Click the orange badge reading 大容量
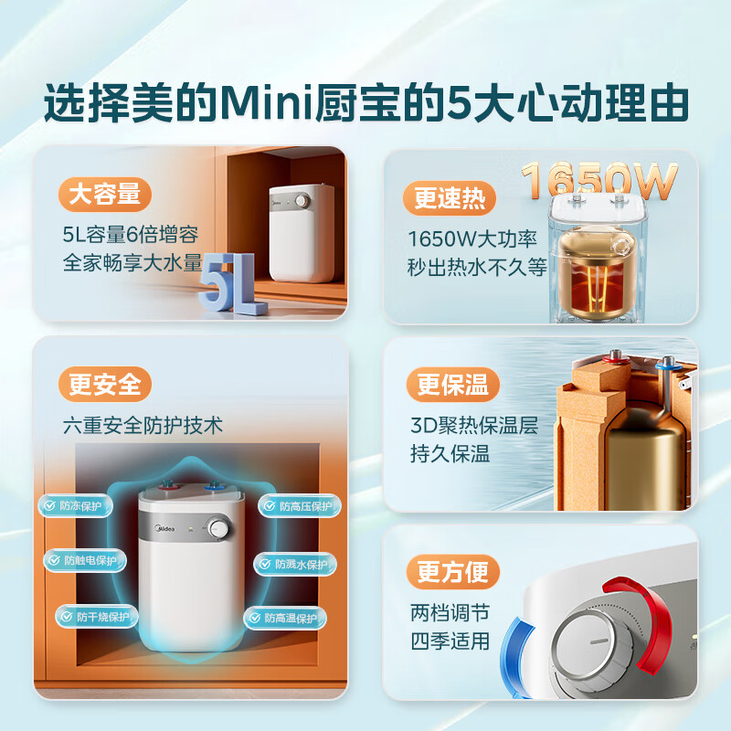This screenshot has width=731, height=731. pos(105,195)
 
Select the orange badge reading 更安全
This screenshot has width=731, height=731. pos(105,385)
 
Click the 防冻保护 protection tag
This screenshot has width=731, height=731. pos(77,505)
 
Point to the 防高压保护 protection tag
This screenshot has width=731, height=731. pos(291,506)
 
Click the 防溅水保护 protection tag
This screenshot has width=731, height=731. pos(294,564)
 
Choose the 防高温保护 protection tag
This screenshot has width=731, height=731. pos(283,619)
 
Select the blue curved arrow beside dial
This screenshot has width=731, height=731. pos(525,650)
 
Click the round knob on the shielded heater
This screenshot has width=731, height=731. pos(218,527)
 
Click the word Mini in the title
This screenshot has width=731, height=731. pos(280,105)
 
